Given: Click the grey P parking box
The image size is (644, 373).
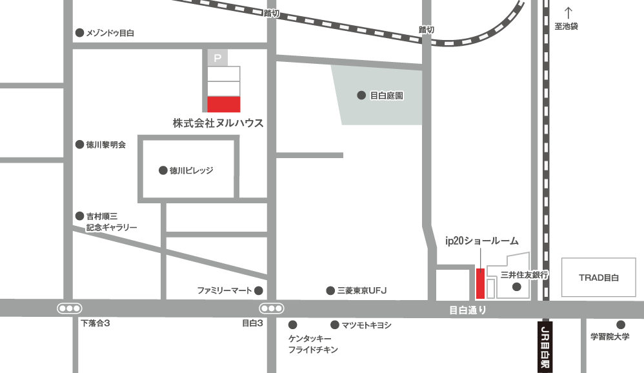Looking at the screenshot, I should click(217, 58).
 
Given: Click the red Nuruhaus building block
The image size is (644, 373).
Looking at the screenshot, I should click(223, 104).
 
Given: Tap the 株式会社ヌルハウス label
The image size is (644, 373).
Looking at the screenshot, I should click(218, 123).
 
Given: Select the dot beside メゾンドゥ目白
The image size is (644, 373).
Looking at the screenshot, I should click(80, 33).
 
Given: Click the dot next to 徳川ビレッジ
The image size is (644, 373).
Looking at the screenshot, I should click(163, 171).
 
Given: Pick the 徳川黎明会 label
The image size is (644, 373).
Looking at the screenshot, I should click(106, 145).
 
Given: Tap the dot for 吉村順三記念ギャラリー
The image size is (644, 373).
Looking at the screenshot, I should click(80, 216).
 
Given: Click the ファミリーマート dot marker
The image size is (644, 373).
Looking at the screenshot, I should click(258, 290).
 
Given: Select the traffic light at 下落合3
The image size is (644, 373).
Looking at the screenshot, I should click(69, 308).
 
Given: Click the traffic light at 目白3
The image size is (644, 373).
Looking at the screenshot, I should click(271, 308).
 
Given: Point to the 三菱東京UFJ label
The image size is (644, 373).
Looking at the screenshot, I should click(361, 291).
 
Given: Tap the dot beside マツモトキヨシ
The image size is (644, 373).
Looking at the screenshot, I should click(335, 325).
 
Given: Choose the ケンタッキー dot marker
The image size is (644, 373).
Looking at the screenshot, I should click(292, 325).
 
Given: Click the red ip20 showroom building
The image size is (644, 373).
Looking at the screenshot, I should click(479, 283).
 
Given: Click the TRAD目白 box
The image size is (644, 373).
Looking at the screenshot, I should click(598, 277).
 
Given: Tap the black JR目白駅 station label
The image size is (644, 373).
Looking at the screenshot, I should click(545, 346).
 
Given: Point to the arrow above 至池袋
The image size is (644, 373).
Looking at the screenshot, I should click(569, 12).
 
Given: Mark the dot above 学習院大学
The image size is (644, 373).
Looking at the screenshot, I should click(620, 325).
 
